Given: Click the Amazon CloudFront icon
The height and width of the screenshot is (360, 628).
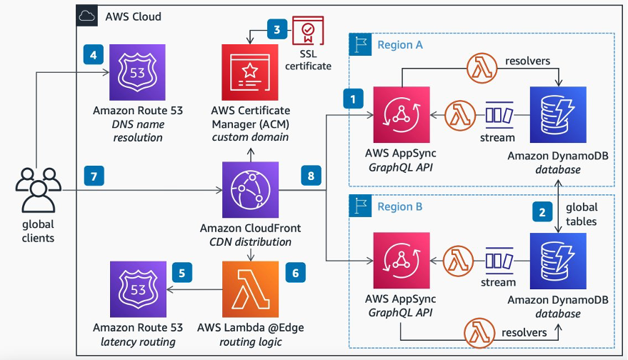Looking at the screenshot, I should (250, 191).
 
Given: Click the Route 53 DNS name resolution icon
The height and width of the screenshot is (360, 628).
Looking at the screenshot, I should (136, 73).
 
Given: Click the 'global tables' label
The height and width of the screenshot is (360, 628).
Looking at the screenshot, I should (582, 214).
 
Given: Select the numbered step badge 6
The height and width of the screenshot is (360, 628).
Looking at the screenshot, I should (295, 272).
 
